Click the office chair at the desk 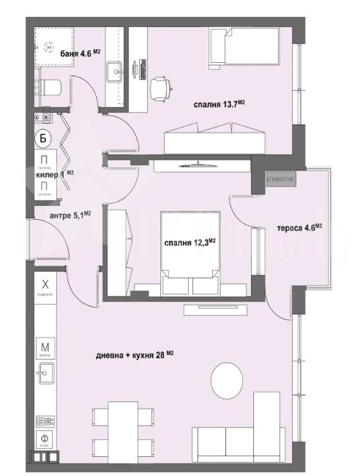point(160,88)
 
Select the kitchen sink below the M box point(43,374)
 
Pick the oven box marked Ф point(45,441)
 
